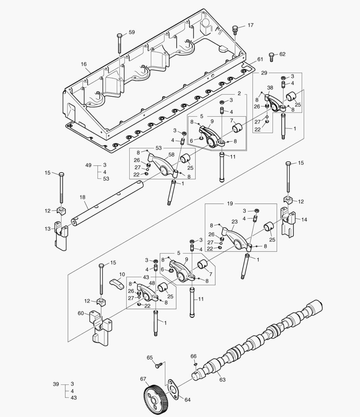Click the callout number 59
[132, 32]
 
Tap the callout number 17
[250, 25]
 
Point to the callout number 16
[84, 64]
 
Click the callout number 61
[260, 59]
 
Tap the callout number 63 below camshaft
[222, 380]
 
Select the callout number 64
[187, 400]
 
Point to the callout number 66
[193, 356]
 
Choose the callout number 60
[80, 313]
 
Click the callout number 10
[122, 274]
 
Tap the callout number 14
[304, 219]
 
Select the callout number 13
[47, 229]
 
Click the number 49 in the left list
[88, 165]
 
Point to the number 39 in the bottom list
[56, 384]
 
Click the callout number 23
[234, 222]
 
